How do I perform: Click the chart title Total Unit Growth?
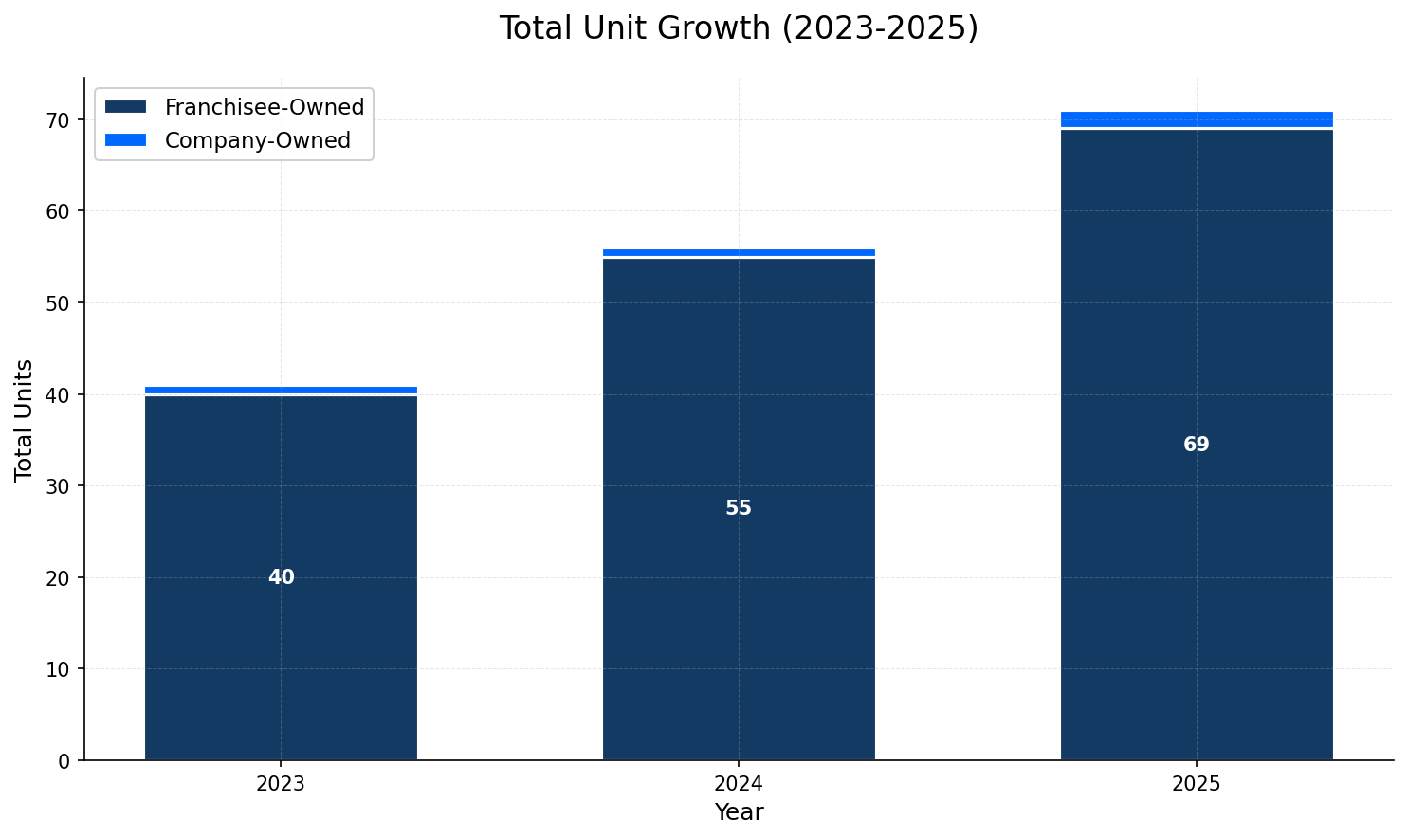738,28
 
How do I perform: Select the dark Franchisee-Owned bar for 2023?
281,645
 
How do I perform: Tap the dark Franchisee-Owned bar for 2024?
739,616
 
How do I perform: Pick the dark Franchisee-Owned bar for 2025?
1197,569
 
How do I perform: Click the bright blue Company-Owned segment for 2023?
281,390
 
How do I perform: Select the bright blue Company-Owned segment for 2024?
739,252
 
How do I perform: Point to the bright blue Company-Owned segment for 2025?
1197,118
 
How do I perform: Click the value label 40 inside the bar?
281,577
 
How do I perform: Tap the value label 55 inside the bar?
739,508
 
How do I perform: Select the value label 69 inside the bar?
1197,445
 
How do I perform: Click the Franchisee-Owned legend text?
265,107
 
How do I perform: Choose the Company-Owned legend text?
257,140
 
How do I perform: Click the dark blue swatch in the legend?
126,107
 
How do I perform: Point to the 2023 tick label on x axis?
281,784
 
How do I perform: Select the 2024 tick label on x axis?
739,784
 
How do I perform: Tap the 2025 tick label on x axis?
1197,784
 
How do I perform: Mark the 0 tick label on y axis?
64,760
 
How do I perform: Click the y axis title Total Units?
24,419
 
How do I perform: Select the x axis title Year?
739,812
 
